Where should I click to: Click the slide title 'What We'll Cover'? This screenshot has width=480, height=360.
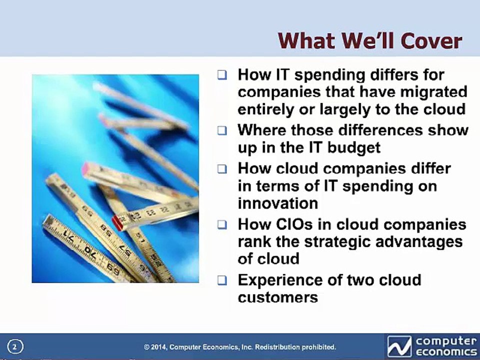(370, 40)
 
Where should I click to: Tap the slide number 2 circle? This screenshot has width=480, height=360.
(15, 347)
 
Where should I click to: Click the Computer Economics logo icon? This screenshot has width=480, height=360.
(399, 346)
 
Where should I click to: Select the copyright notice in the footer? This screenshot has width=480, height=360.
(240, 347)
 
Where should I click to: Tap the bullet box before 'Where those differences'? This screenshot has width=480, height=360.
(222, 131)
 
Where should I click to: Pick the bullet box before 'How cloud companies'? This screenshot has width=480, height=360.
(222, 169)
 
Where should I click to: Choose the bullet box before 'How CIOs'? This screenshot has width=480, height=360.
(222, 225)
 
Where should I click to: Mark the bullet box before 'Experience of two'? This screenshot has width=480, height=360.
(222, 280)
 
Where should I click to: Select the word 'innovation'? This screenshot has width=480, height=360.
(278, 203)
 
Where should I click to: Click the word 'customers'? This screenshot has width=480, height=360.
(277, 297)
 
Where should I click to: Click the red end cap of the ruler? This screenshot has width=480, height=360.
(117, 223)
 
